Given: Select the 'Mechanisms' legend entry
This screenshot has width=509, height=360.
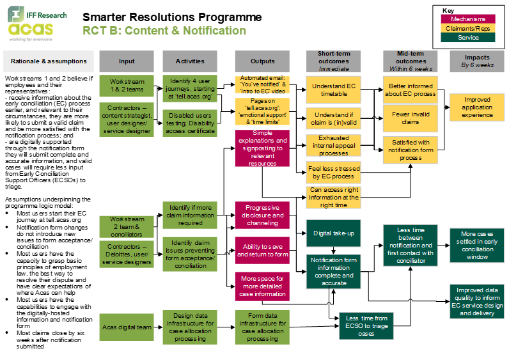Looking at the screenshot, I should coord(468,19).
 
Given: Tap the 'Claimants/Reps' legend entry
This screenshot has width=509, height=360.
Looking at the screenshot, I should coord(468,28).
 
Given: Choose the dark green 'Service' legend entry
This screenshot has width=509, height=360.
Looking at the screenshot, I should coord(468,38).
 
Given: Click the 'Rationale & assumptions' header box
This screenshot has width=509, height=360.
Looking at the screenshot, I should coord(49,61).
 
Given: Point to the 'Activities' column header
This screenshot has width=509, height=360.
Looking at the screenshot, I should coord(190,61).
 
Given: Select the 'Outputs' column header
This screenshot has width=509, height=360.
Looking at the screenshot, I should coord(262,61).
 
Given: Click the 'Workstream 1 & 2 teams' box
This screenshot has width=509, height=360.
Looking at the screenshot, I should coord(127,86).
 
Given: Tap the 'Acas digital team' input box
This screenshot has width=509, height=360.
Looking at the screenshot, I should coord(127,327).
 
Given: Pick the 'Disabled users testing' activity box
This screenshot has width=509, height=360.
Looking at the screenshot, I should coord(190,123).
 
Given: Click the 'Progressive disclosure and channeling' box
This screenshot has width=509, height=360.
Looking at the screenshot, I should coord(262,215).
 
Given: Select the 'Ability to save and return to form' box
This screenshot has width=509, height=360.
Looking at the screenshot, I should coord(262,250).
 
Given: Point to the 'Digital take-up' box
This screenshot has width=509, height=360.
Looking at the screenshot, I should coord(333,233).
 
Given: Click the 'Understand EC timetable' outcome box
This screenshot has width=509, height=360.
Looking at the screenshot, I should coord(334,90).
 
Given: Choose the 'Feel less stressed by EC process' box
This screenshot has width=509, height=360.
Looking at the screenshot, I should coord(334,172).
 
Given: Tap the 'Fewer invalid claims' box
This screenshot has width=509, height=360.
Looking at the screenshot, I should coord(410,118).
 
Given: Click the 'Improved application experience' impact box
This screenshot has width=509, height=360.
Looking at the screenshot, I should coord(477,107).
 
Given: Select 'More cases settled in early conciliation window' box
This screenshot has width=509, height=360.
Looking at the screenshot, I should coord(477,246).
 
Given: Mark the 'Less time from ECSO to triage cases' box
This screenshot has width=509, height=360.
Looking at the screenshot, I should coord(366,326).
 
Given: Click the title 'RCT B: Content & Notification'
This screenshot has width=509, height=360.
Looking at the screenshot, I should coord(164,31).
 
